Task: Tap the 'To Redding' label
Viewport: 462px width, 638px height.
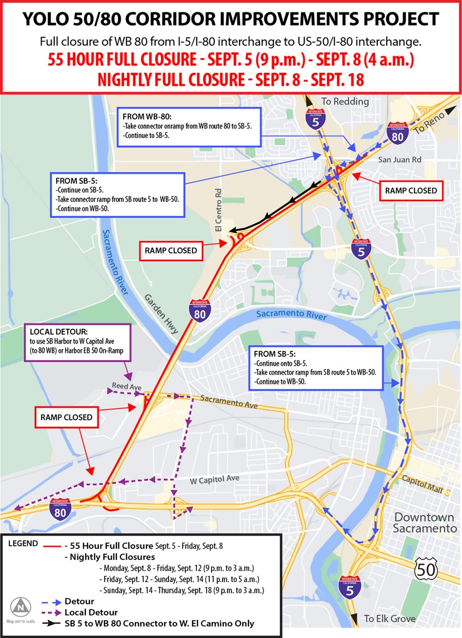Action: (x=345, y=101)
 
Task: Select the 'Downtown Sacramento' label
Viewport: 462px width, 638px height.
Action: (x=425, y=522)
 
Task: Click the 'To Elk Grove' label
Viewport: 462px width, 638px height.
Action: (x=389, y=619)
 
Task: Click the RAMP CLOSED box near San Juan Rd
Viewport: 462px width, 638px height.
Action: (x=410, y=191)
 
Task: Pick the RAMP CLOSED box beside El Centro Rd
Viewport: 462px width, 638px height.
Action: (x=170, y=251)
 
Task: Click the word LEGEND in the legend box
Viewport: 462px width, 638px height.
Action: (x=23, y=543)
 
